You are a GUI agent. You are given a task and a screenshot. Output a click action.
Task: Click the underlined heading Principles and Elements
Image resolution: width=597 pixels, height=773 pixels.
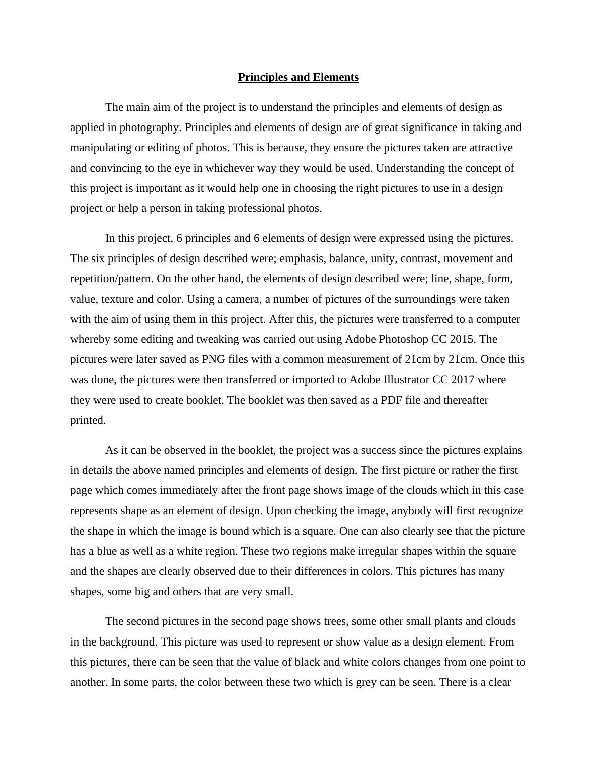click(298, 77)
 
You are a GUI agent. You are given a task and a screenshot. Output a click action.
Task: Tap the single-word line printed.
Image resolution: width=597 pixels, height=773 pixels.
click(88, 420)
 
